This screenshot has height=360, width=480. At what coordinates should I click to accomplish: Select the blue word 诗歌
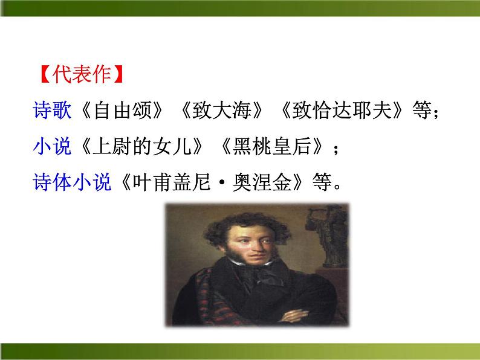(53, 111)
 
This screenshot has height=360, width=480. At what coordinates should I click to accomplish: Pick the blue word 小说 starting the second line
(53, 146)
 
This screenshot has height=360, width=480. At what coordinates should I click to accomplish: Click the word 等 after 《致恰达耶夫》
(423, 111)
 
